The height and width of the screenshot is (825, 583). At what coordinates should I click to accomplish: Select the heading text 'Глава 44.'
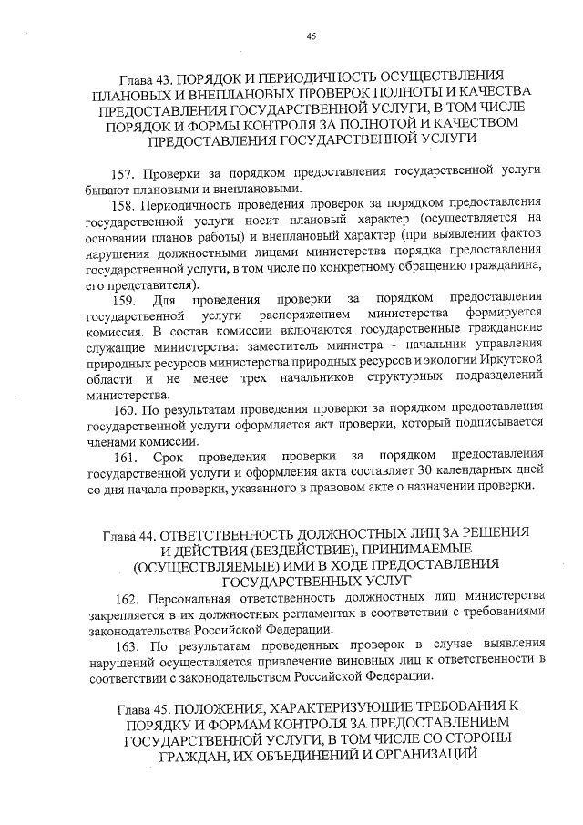134,532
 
